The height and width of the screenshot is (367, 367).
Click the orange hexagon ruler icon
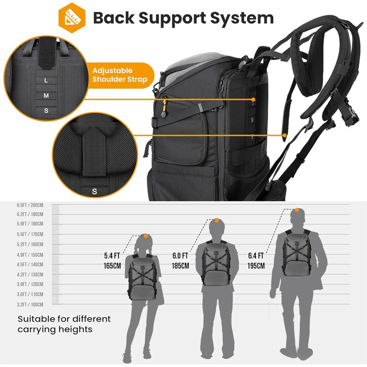pos(72,18)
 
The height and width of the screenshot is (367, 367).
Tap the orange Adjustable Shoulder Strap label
pos(120,75)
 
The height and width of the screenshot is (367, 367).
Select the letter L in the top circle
pos(46,81)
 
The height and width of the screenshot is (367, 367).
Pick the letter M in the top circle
pos(46,95)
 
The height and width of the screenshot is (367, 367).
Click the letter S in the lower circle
pos(94,191)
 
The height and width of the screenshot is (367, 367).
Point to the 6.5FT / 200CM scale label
pos(30,206)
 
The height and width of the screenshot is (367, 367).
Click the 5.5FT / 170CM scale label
pos(30,234)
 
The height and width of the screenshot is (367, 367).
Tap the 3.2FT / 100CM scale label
pos(30,305)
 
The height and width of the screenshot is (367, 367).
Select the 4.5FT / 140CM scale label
pos(30,264)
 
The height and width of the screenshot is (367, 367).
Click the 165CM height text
pos(112,266)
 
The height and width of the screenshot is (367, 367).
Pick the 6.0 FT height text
pos(180,256)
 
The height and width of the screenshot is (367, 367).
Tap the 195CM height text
pos(256,266)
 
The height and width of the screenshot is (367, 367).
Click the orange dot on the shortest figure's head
pos(146,236)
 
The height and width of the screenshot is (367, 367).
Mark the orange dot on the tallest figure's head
pos(297,210)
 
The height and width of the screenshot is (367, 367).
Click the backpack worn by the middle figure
pos(215,263)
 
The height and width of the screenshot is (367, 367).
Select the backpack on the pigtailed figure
pos(142,277)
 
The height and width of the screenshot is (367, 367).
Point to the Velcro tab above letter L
pos(47,53)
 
